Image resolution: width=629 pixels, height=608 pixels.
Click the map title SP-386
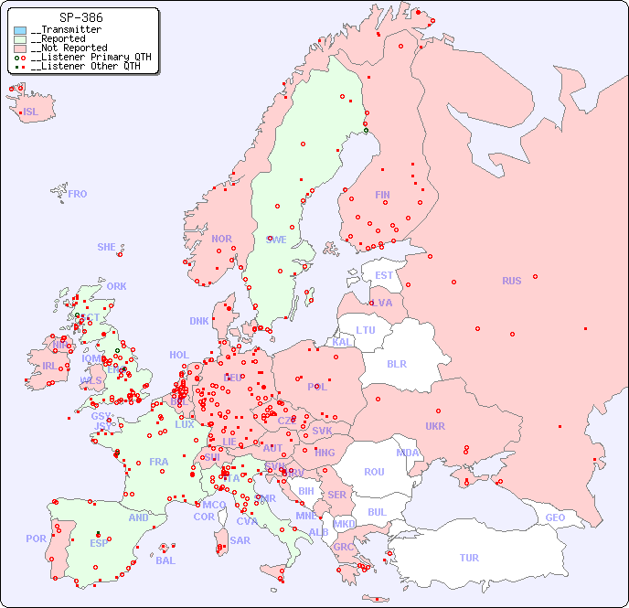(80, 17)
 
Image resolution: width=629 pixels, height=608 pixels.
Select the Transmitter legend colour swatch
(20, 30)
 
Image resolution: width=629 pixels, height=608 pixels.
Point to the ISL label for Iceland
(30, 112)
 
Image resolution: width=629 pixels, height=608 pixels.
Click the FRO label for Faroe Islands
(78, 194)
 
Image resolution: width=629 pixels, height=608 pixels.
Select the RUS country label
(511, 281)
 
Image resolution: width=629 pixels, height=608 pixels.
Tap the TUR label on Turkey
(469, 558)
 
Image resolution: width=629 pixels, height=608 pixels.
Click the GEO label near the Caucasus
(555, 517)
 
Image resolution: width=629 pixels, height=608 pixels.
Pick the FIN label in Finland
(382, 195)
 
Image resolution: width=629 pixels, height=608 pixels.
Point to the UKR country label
(435, 426)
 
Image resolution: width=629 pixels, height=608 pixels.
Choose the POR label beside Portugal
(36, 539)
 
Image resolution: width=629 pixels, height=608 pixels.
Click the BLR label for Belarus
(397, 363)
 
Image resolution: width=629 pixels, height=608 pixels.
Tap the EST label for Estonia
(384, 275)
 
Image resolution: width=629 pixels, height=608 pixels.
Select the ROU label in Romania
(374, 472)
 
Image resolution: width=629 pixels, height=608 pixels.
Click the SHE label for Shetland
(107, 247)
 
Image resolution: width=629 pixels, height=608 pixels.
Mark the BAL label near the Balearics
(165, 560)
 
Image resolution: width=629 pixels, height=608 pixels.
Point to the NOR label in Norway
(221, 239)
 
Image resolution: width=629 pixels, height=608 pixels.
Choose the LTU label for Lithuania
(366, 330)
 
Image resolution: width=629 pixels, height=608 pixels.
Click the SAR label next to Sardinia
(240, 540)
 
